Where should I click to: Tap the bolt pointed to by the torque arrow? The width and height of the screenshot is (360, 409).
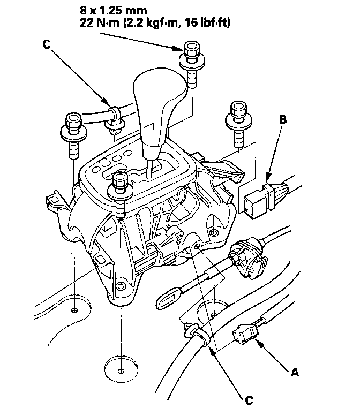pyautogui.click(x=192, y=65)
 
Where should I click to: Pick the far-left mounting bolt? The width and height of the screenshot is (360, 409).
pyautogui.click(x=73, y=135)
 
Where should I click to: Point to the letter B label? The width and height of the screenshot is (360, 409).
pyautogui.click(x=283, y=119)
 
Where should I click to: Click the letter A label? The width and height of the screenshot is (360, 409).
pyautogui.click(x=295, y=372)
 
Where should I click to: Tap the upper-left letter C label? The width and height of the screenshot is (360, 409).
pyautogui.click(x=46, y=44)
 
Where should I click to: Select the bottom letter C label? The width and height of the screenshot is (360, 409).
pyautogui.click(x=249, y=400)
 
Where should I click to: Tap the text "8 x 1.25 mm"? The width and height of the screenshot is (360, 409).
pyautogui.click(x=113, y=11)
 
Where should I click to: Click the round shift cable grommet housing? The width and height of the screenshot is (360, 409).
pyautogui.click(x=247, y=257)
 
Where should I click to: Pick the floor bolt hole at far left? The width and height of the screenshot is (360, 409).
pyautogui.click(x=74, y=310)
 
